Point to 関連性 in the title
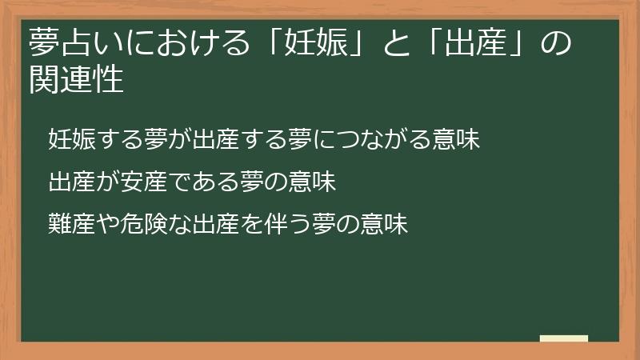(x=76, y=80)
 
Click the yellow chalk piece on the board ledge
(x=564, y=338)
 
